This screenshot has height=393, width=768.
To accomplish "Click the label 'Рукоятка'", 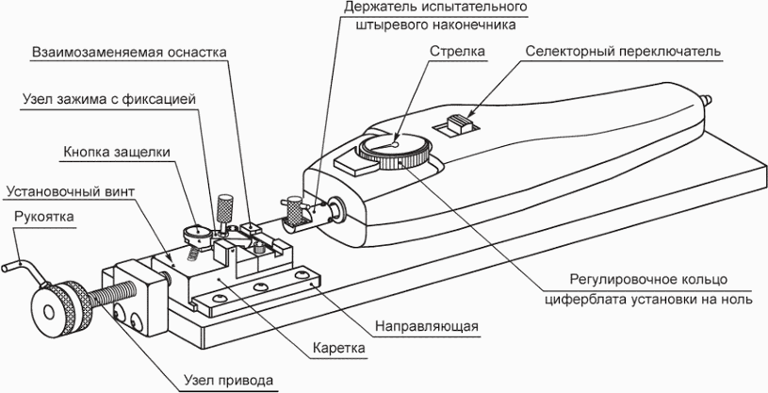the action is (44, 217).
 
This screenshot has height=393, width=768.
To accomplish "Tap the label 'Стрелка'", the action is (457, 51).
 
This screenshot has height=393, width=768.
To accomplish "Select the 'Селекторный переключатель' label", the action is (623, 51).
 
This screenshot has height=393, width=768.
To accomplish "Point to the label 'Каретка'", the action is (340, 349).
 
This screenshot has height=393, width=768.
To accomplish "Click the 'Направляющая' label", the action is (427, 326).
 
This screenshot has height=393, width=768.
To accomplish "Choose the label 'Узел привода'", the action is (229, 380).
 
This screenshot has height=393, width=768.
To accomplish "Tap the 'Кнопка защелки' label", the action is (117, 152).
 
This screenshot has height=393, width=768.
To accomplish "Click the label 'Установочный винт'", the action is (69, 191).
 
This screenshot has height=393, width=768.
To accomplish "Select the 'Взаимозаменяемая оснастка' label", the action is (129, 53).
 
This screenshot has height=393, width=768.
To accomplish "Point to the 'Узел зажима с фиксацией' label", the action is (109, 99).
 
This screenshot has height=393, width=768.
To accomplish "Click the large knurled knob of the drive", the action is (62, 309).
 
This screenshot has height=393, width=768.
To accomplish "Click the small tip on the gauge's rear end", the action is (707, 100).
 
